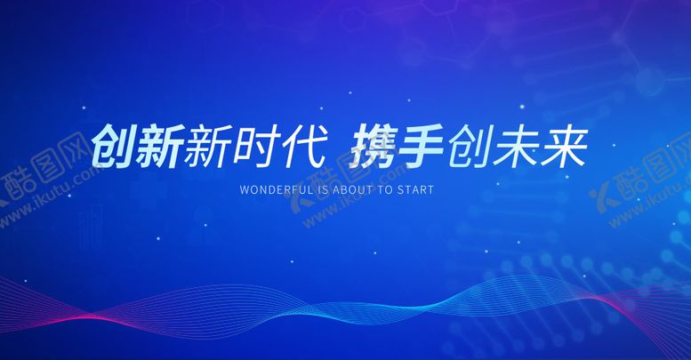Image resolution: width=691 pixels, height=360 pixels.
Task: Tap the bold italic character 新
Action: click(x=161, y=147)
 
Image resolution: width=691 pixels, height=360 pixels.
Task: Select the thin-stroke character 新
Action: click(x=207, y=147)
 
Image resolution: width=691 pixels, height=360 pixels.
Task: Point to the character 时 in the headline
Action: click(x=253, y=147)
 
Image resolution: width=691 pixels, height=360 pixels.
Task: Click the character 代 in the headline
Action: click(x=300, y=147)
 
